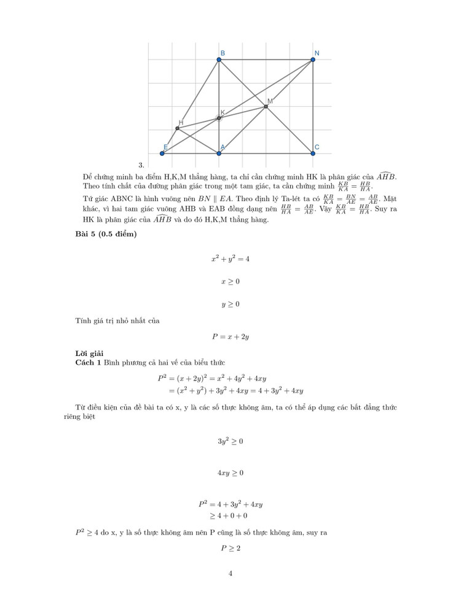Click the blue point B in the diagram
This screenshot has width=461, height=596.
pyautogui.click(x=219, y=60)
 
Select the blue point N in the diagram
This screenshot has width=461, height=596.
pyautogui.click(x=313, y=60)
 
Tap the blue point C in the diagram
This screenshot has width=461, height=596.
pyautogui.click(x=313, y=153)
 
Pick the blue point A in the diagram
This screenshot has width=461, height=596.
pyautogui.click(x=219, y=153)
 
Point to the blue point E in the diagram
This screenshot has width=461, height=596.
pyautogui.click(x=162, y=153)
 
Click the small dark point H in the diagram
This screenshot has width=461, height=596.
pyautogui.click(x=178, y=128)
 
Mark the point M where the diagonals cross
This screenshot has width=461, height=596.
pyautogui.click(x=266, y=106)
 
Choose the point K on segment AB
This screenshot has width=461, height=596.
pyautogui.click(x=219, y=118)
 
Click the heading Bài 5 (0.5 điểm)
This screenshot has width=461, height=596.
pyautogui.click(x=106, y=235)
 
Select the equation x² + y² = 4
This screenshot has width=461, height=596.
pyautogui.click(x=230, y=259)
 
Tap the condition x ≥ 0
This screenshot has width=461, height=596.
pyautogui.click(x=230, y=282)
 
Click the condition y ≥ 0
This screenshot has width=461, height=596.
pyautogui.click(x=230, y=304)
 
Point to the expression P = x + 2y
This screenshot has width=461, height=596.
pyautogui.click(x=230, y=336)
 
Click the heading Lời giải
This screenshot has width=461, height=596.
pyautogui.click(x=89, y=353)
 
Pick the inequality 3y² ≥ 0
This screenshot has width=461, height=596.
pyautogui.click(x=230, y=441)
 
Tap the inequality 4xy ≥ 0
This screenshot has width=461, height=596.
pyautogui.click(x=230, y=473)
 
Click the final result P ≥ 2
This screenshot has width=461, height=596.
pyautogui.click(x=230, y=548)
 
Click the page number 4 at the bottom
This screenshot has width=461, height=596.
pyautogui.click(x=230, y=574)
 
